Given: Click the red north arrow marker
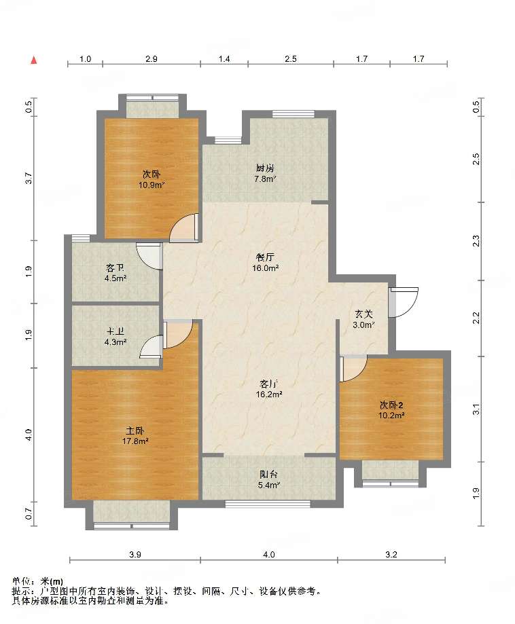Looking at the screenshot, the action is click(34, 60).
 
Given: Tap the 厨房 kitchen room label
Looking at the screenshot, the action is click(265, 168).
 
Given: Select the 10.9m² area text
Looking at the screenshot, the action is click(152, 185).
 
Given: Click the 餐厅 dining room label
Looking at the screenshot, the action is click(265, 257).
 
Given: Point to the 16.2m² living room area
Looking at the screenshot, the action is click(269, 394).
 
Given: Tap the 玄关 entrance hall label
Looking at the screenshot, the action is click(363, 314).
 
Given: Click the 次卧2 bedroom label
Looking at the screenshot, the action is click(391, 405).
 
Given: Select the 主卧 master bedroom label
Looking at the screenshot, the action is click(135, 430).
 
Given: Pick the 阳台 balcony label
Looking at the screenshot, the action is click(268, 475).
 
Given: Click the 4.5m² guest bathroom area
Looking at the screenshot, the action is click(116, 278).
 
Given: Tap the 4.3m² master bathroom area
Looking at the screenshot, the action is click(116, 342).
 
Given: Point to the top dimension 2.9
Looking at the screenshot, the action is click(152, 59).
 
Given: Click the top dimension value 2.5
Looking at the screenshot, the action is click(291, 59).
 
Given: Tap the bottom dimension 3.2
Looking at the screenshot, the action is click(391, 554).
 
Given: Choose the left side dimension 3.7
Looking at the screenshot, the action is click(29, 178).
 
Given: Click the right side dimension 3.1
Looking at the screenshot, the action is click(476, 409).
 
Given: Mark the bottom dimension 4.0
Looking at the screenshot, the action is click(269, 554).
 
